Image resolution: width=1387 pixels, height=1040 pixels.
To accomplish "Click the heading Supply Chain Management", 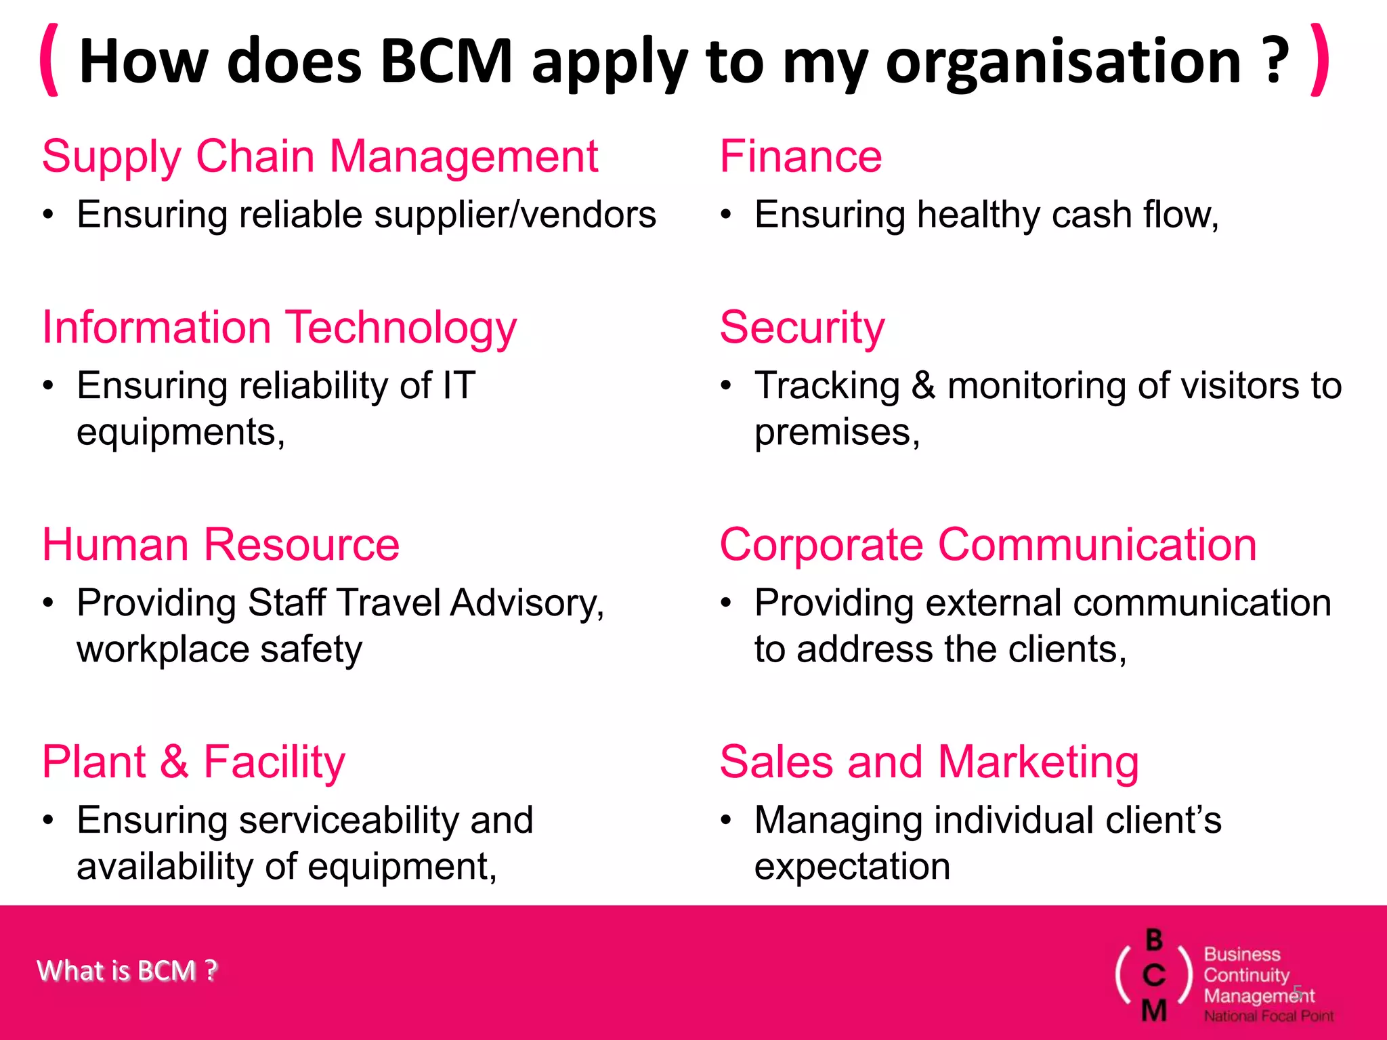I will coord(320,157).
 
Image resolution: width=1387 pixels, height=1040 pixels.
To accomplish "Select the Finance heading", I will coord(801,157).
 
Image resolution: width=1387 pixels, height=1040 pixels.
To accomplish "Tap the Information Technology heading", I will coord(279,328).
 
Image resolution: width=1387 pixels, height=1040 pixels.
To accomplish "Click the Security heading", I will coord(802,328).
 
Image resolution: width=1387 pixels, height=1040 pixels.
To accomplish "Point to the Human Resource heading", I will coord(221,545).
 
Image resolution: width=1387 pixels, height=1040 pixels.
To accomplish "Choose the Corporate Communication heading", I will coord(987,545).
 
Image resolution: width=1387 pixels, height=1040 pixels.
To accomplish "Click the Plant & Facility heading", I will coord(194,762).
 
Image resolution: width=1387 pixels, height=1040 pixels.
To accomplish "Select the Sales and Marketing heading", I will coord(929,762).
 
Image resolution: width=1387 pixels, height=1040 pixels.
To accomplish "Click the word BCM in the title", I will coord(446,61).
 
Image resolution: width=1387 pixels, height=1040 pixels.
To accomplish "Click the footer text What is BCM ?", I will coord(127,971).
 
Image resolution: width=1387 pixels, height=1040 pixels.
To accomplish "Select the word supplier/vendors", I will coord(515,215).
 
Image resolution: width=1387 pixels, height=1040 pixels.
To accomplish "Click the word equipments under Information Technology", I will coord(180,433).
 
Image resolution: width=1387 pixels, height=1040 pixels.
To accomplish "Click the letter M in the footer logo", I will coord(1154,1010).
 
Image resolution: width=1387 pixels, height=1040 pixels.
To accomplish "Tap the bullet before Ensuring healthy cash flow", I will coord(726,215).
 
